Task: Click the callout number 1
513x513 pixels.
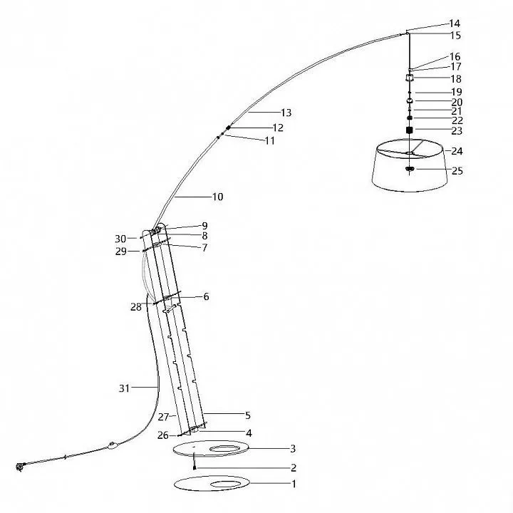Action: click(x=294, y=484)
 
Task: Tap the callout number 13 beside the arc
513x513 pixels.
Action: click(x=286, y=113)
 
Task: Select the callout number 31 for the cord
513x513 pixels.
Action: click(x=124, y=388)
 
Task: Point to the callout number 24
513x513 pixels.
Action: click(x=457, y=151)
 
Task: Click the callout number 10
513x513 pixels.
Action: click(x=218, y=197)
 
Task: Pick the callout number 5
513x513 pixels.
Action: click(x=248, y=415)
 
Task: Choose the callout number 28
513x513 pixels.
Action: click(x=136, y=307)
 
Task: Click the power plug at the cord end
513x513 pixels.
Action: click(x=20, y=467)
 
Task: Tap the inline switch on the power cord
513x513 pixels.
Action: click(x=113, y=445)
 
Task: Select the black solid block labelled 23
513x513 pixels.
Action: click(x=409, y=130)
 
